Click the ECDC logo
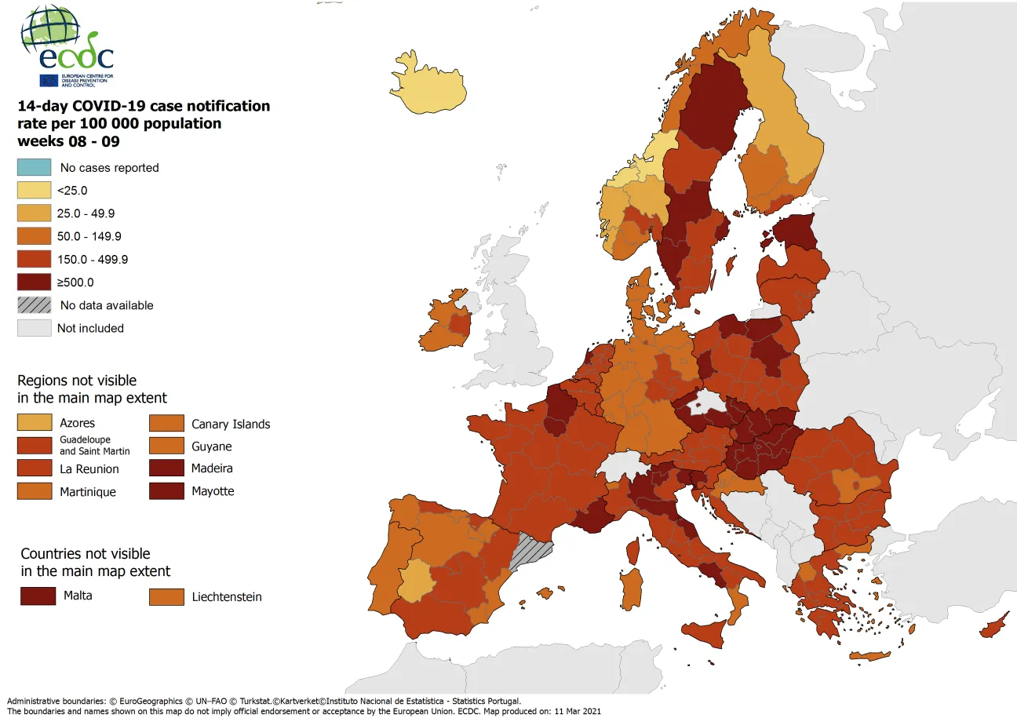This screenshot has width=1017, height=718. [67, 46]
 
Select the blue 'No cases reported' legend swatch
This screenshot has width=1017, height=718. [35, 167]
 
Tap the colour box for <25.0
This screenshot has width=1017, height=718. [35, 190]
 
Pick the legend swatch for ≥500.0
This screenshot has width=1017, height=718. [35, 282]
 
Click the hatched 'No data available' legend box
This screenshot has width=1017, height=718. [35, 305]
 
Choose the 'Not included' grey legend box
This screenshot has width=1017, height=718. [35, 328]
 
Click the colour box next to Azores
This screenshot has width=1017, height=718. [35, 423]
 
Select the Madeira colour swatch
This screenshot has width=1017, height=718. [166, 468]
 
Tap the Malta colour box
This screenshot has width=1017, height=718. [38, 596]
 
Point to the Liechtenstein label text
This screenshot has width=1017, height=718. [226, 597]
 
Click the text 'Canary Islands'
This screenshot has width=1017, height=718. [231, 425]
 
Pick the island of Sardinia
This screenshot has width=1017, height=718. [630, 587]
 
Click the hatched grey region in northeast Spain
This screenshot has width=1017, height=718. [530, 550]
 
